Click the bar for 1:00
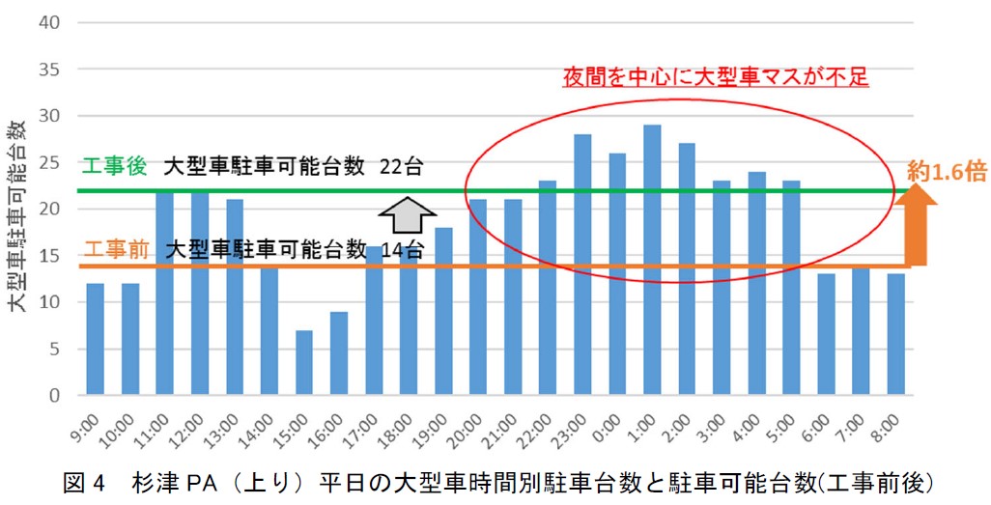(652, 260)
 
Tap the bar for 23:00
(582, 265)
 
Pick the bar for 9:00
(95, 339)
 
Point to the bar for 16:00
(339, 353)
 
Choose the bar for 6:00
(826, 334)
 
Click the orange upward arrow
(919, 228)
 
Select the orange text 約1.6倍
(946, 172)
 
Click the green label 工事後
(114, 166)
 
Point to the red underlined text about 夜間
(716, 76)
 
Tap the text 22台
(401, 166)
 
